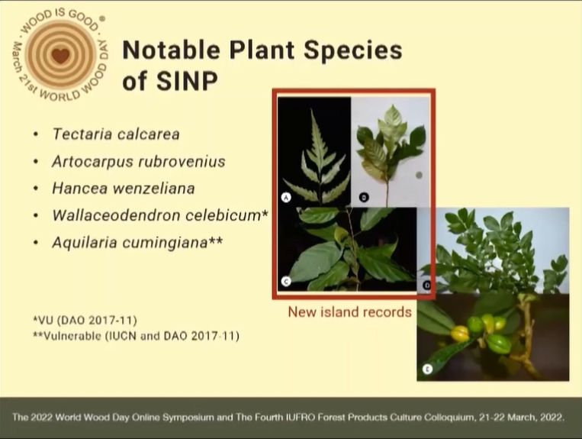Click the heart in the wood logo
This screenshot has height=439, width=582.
[x=60, y=56]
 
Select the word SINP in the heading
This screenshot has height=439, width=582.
[x=187, y=81]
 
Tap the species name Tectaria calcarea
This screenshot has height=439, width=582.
[x=116, y=134]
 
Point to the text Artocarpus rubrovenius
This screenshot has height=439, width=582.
[x=139, y=162]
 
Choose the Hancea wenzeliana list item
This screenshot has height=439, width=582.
[x=124, y=189]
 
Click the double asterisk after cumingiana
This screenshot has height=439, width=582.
[x=215, y=240]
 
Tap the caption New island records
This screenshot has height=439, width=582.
[x=349, y=312]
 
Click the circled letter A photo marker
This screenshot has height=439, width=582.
[x=286, y=197]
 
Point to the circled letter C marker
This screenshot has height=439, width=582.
[x=286, y=282]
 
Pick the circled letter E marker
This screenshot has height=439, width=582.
[x=428, y=370]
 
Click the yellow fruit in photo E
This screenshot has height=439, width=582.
[x=460, y=333]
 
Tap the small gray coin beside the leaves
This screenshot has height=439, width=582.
[x=419, y=175]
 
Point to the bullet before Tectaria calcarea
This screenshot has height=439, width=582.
[x=36, y=134]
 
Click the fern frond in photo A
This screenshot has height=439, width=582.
[x=317, y=160]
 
